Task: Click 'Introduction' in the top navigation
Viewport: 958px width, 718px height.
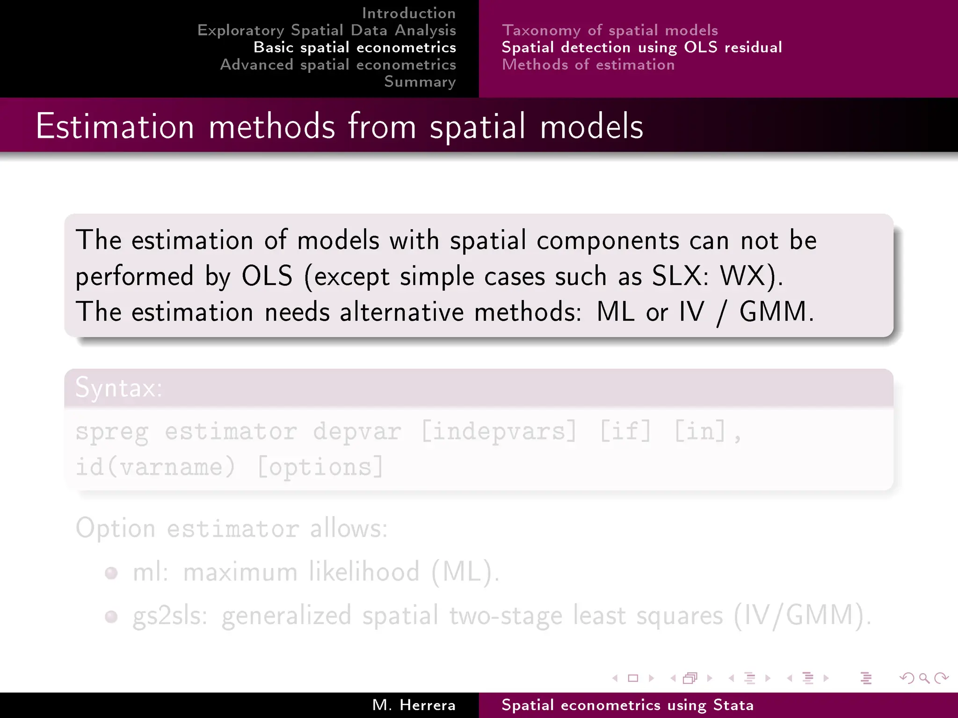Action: tap(409, 13)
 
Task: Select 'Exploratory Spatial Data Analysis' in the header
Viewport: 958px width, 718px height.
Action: tap(327, 30)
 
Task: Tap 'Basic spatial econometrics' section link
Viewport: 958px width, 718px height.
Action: tap(355, 48)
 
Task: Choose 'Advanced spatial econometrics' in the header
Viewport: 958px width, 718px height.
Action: tap(338, 65)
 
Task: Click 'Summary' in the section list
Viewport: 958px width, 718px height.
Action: tap(420, 82)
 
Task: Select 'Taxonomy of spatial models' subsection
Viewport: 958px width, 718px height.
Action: tap(610, 30)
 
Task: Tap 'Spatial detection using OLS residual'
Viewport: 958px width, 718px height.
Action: tap(641, 48)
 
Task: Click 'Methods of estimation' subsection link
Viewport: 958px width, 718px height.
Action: tap(588, 65)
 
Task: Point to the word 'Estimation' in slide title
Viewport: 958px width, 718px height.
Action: tap(115, 127)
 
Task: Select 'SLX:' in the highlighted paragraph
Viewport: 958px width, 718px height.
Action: tap(680, 276)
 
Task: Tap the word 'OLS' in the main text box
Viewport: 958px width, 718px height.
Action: tap(267, 276)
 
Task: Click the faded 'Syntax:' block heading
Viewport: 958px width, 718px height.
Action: tap(119, 388)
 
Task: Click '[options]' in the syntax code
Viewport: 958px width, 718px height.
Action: tap(320, 467)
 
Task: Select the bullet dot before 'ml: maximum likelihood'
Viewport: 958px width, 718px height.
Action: tap(111, 573)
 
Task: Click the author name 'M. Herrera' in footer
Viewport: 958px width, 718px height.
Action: tap(414, 705)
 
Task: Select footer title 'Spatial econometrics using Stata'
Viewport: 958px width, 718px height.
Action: tap(627, 705)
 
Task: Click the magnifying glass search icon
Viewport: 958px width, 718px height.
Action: tap(923, 678)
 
